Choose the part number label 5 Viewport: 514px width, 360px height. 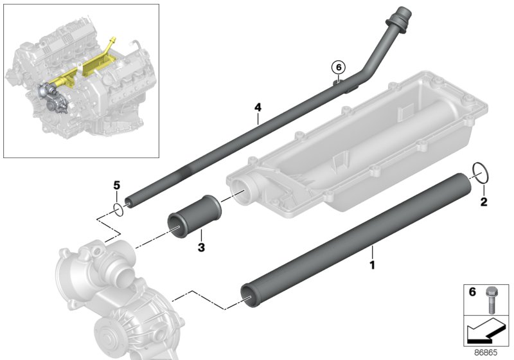coord(116,185)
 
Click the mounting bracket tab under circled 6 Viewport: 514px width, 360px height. coord(337,82)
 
